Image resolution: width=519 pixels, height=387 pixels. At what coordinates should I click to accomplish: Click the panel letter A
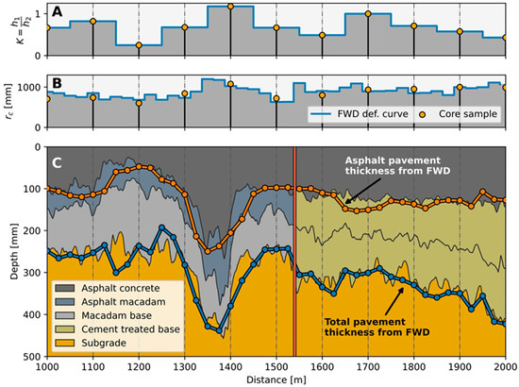pyautogui.click(x=59, y=13)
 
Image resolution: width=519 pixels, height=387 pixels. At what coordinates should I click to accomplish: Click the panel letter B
pyautogui.click(x=59, y=82)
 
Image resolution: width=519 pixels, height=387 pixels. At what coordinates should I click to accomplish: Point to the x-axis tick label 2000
pyautogui.click(x=505, y=365)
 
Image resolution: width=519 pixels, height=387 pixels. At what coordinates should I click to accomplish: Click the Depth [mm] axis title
pyautogui.click(x=8, y=252)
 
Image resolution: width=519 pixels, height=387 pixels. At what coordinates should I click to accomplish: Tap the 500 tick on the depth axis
pyautogui.click(x=29, y=358)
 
